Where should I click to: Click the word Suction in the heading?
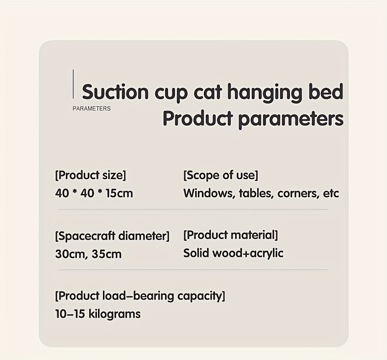click(x=115, y=92)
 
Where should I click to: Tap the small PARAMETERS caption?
click(x=92, y=109)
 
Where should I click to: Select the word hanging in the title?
click(x=265, y=93)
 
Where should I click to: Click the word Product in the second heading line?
click(x=198, y=118)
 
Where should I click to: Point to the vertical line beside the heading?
click(x=73, y=84)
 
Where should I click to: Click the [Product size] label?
click(x=91, y=176)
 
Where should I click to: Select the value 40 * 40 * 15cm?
click(x=94, y=193)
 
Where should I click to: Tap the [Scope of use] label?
click(x=220, y=175)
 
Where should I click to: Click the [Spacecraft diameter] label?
click(x=112, y=236)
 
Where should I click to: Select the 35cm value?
click(x=107, y=254)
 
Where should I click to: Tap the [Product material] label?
click(x=231, y=235)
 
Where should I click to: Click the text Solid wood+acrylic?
click(x=233, y=253)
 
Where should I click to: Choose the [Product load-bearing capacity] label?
click(x=140, y=296)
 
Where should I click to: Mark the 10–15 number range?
click(x=70, y=314)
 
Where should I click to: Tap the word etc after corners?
click(x=331, y=193)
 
